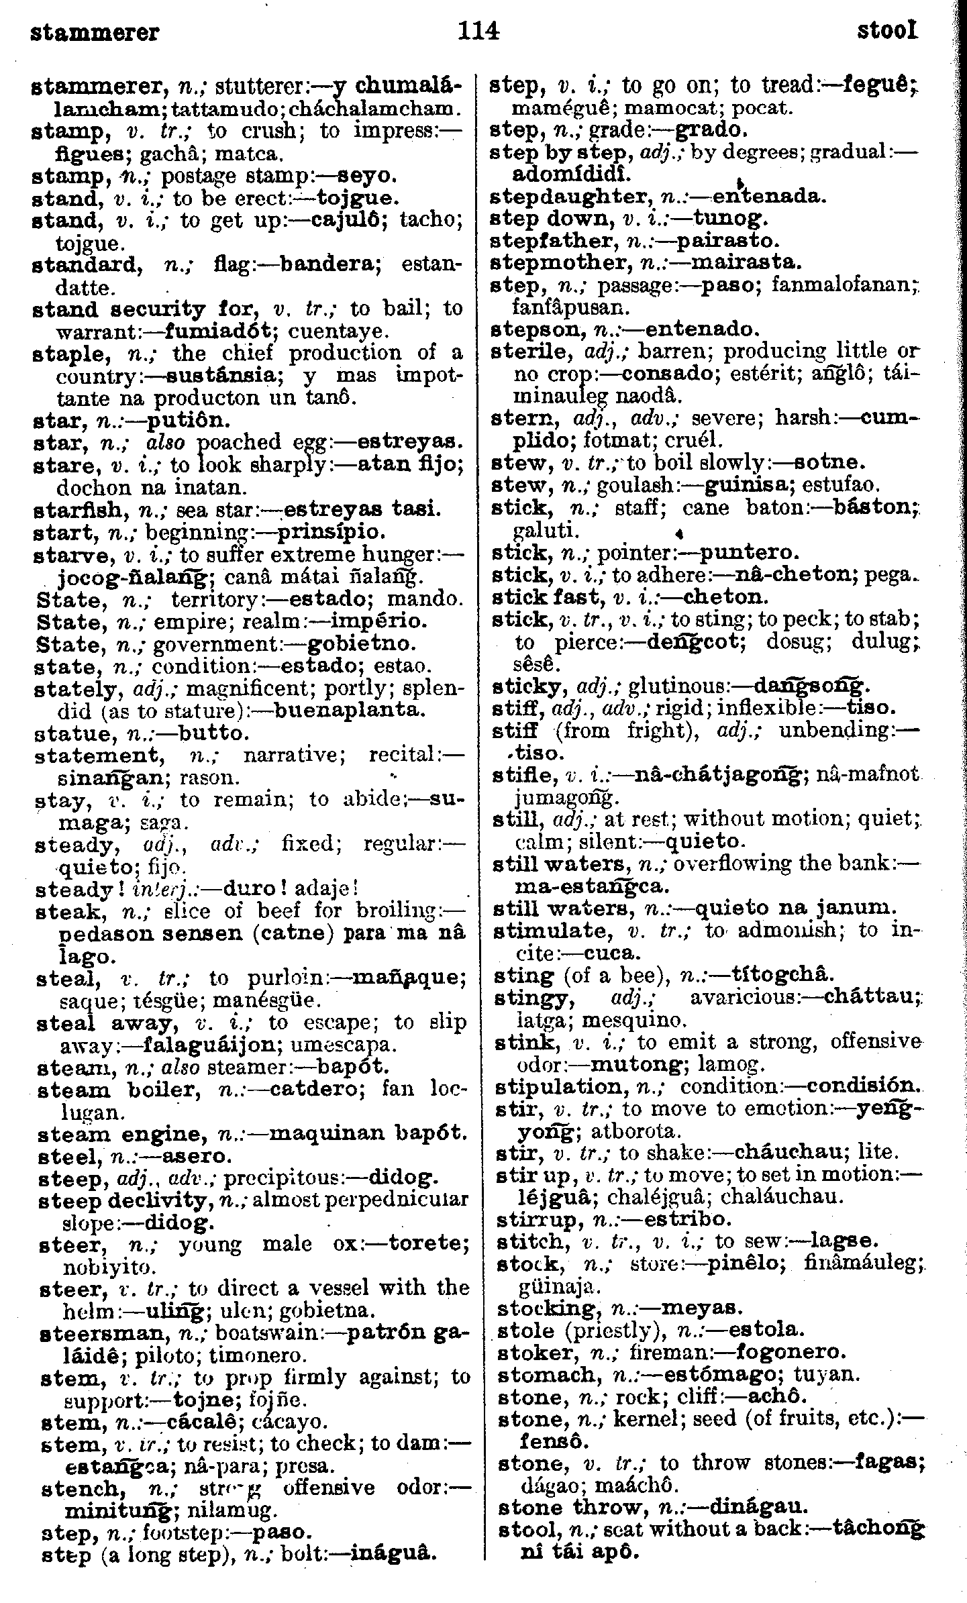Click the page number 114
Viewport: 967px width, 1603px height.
tap(478, 31)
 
